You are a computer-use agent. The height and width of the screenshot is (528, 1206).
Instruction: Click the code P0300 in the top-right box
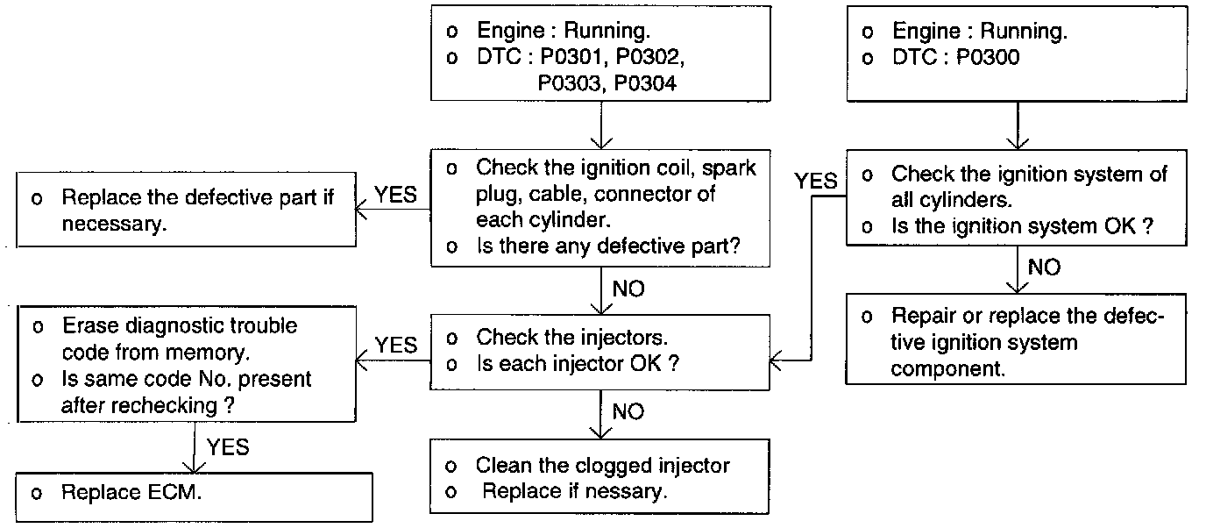coord(988,57)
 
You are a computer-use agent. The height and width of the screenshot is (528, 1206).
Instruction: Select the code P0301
coord(571,56)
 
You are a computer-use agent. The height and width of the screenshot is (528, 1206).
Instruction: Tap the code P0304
coord(645,83)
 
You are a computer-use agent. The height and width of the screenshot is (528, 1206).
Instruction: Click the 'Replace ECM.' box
coord(194,497)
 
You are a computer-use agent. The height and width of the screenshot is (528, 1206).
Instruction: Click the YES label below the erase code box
coord(228,447)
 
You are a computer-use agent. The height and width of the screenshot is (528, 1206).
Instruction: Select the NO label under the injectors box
coord(628,412)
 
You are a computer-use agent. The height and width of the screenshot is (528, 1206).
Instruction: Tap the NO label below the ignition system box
coord(1045,268)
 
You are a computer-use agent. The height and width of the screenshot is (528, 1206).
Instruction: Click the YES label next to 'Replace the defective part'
coord(396,195)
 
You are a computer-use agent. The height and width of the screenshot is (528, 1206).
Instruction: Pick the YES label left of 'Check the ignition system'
coord(816,181)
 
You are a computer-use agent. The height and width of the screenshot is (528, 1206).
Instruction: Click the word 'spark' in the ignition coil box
coord(729,168)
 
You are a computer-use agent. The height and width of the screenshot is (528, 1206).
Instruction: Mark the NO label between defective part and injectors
coord(628,289)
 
